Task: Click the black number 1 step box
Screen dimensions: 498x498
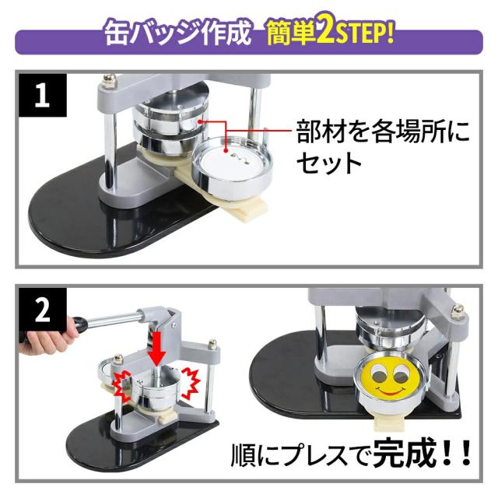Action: click(42, 95)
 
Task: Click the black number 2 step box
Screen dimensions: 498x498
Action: click(42, 310)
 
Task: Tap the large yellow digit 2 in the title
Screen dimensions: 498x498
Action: click(325, 32)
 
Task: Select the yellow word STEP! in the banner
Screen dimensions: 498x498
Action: click(364, 33)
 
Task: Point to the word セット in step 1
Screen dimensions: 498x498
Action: click(329, 163)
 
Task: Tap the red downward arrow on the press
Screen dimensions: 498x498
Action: click(156, 349)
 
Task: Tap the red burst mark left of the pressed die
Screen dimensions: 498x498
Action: click(121, 384)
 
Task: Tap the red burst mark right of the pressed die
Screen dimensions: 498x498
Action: click(191, 384)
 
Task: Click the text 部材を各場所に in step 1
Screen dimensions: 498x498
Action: click(383, 131)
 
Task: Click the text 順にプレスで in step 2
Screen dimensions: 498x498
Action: click(301, 456)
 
